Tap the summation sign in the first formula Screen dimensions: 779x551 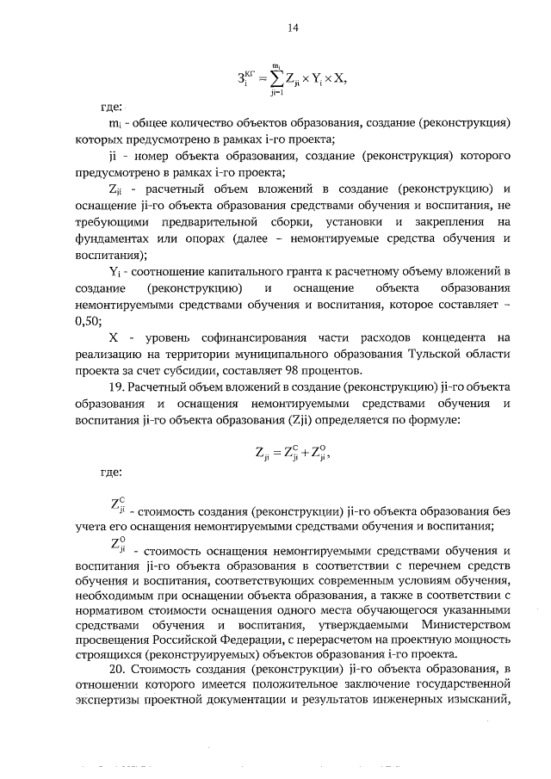coord(275,76)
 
